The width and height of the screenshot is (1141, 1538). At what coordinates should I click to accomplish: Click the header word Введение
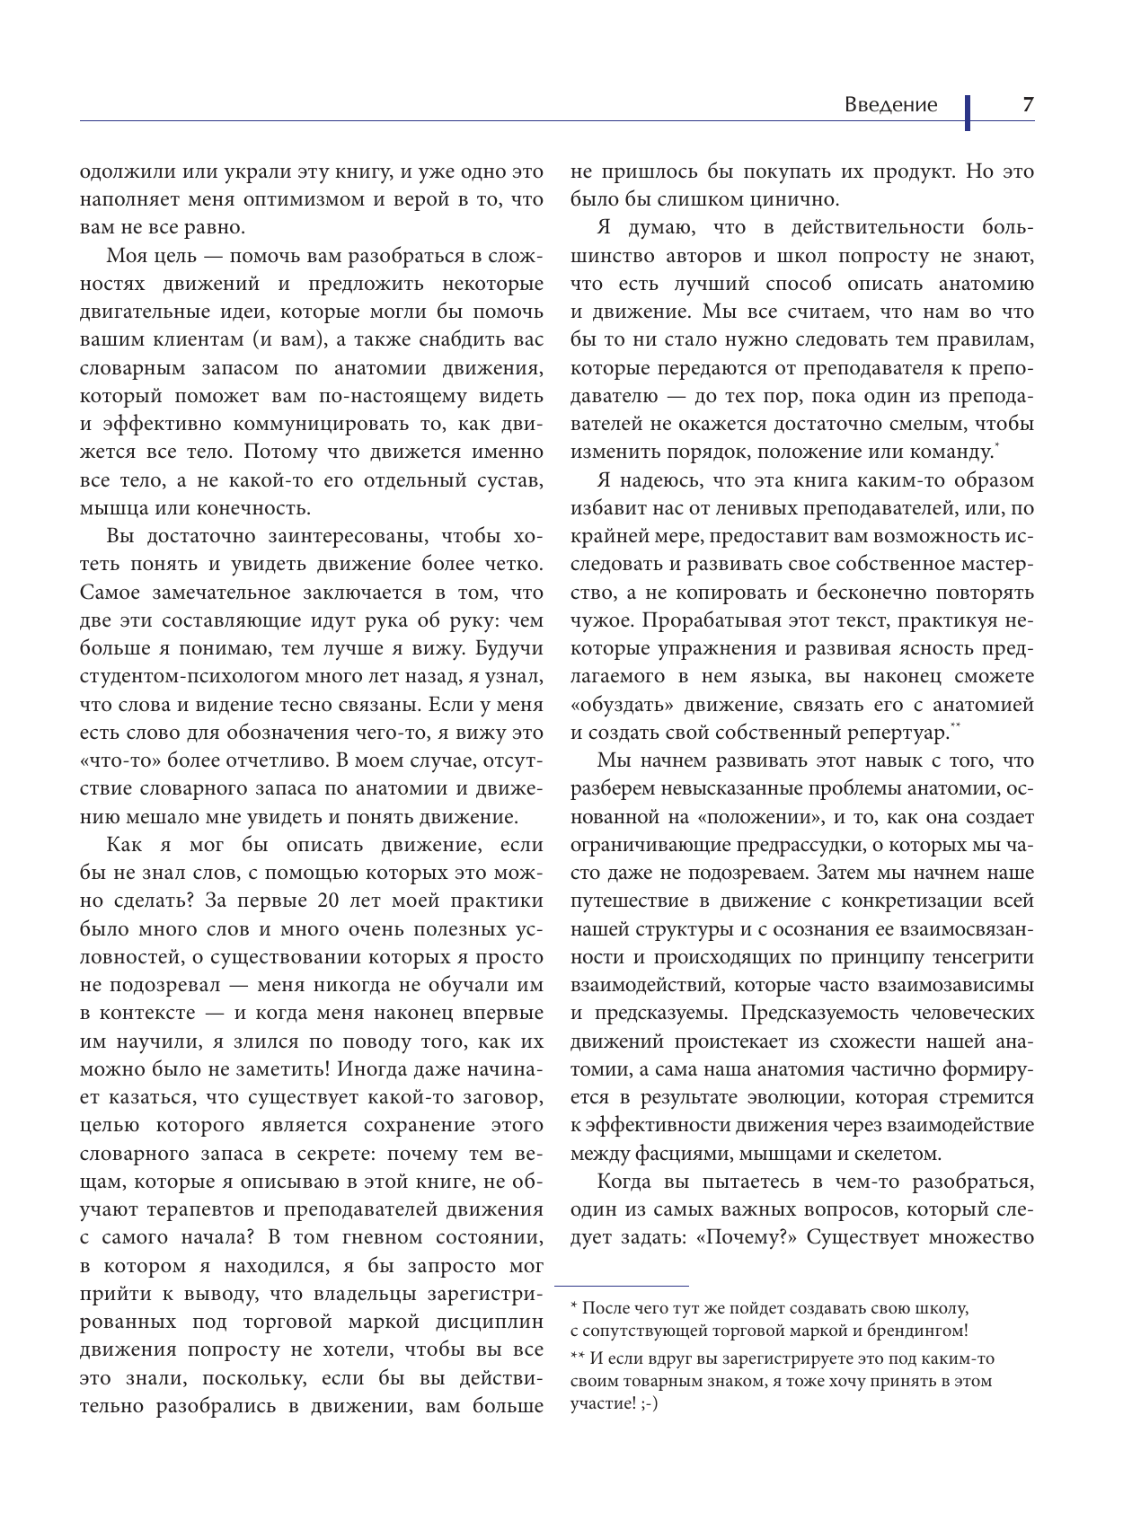coord(889,105)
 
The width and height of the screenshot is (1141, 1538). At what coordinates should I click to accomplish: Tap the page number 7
coord(1028,105)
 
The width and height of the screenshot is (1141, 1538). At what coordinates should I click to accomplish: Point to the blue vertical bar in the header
coord(968,112)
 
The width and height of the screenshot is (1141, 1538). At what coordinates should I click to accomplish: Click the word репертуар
coord(893,733)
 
